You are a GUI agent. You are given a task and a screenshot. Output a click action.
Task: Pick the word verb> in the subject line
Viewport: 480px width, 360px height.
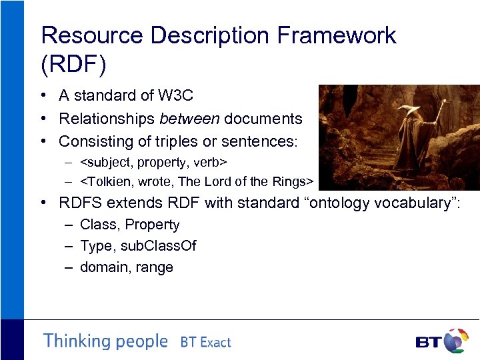tap(212, 161)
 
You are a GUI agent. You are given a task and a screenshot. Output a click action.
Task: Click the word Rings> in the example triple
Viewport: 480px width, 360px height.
tap(296, 181)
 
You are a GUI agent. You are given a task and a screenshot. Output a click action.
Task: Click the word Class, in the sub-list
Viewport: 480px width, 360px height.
tap(99, 225)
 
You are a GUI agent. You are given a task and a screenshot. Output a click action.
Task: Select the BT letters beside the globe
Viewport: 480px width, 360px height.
tap(429, 343)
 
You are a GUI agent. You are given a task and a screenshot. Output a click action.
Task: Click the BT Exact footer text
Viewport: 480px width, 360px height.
tap(205, 343)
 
